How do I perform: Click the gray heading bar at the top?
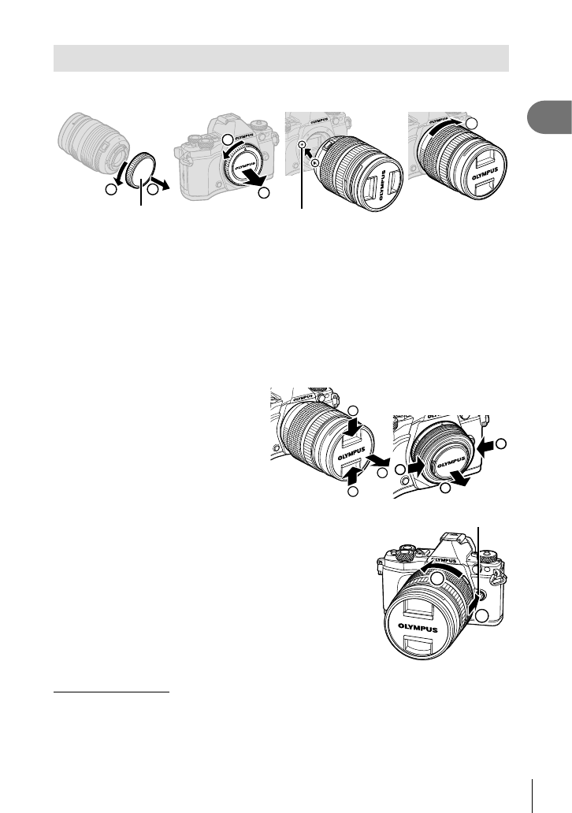coord(280,58)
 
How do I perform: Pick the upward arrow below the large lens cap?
coord(352,475)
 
